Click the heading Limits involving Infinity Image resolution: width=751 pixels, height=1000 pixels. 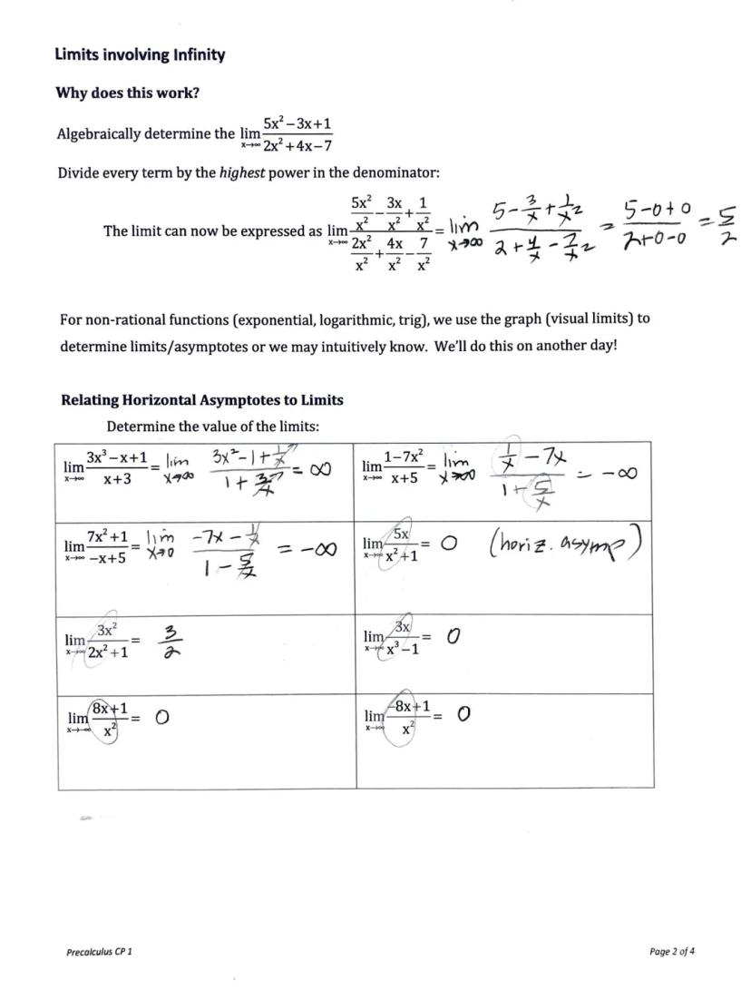coord(140,55)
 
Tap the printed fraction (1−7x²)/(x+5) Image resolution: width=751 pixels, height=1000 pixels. coord(406,468)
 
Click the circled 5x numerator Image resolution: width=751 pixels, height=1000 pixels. coord(401,534)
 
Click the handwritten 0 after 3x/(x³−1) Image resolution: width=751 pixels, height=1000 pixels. coord(454,638)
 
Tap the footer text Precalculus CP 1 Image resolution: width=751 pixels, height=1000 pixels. coord(99,952)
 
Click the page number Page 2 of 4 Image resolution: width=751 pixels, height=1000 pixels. coord(672,952)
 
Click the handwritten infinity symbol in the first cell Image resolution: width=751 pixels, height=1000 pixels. coord(316,470)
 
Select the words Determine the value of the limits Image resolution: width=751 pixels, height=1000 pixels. coord(212,426)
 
